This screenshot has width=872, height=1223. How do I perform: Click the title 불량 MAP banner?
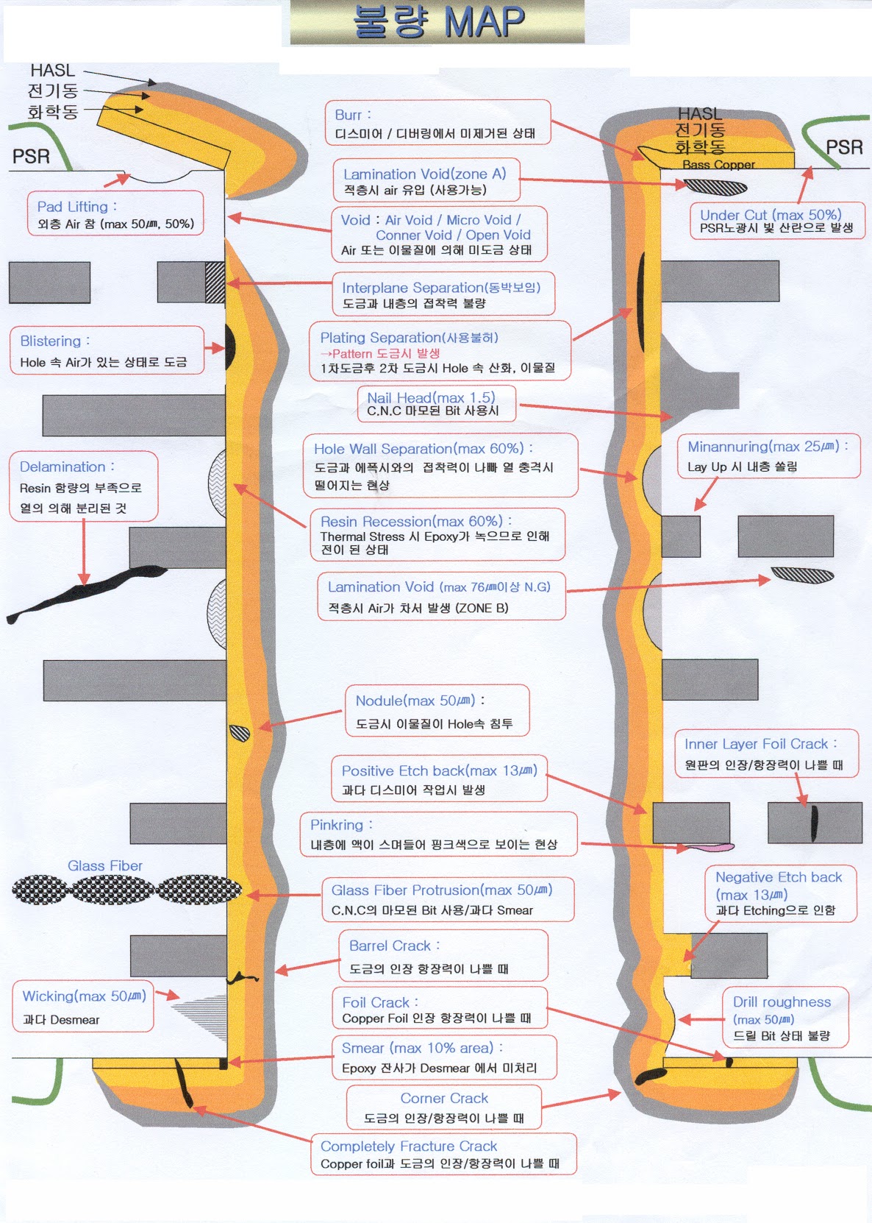tap(438, 22)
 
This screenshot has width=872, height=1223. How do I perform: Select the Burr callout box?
tap(437, 122)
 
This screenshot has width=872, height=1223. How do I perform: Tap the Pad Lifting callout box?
tap(115, 213)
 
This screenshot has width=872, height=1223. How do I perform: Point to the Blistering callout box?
tap(107, 350)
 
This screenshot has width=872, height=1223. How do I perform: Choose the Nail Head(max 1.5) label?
tap(436, 404)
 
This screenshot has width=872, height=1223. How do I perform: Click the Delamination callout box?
tap(84, 486)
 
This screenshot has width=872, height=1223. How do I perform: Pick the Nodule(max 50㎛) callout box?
tap(437, 711)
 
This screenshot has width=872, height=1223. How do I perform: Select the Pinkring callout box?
tap(438, 834)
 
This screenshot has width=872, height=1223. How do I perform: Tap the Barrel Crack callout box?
tap(443, 956)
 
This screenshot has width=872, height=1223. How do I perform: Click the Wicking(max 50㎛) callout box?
tap(83, 1006)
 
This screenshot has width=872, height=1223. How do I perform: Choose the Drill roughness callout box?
tap(785, 1018)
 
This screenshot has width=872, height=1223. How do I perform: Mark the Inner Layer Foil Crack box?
tap(766, 754)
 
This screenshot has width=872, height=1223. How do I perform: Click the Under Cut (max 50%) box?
tap(777, 221)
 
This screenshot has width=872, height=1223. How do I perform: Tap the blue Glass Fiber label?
tap(105, 866)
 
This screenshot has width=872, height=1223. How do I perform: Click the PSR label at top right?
tap(843, 147)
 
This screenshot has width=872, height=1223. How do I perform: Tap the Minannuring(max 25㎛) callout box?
tap(768, 456)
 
